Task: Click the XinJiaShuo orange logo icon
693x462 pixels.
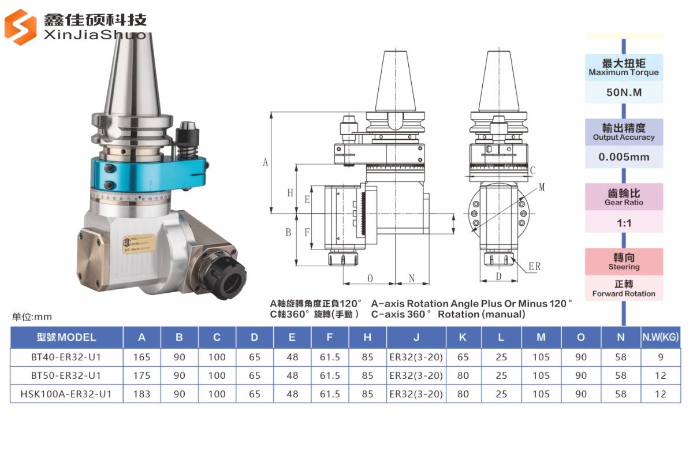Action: click(x=21, y=27)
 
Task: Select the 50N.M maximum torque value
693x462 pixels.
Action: click(x=624, y=92)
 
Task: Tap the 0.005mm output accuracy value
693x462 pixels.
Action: click(x=624, y=157)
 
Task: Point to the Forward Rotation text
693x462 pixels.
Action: click(x=624, y=293)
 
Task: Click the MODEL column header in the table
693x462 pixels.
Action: click(x=66, y=337)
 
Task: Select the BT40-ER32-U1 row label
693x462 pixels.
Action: click(x=66, y=357)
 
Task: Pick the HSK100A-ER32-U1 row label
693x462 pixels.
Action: click(x=66, y=394)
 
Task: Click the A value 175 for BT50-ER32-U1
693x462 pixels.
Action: click(x=141, y=375)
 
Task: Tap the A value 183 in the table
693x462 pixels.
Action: click(x=141, y=394)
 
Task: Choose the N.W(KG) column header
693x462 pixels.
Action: click(x=661, y=337)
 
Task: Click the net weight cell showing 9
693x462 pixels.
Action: click(x=661, y=357)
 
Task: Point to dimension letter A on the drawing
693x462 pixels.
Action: click(x=266, y=162)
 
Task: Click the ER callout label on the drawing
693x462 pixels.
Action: click(x=535, y=266)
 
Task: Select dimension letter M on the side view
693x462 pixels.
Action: click(x=541, y=187)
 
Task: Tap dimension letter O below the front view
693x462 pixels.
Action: click(x=370, y=278)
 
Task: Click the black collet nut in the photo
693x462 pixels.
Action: click(x=230, y=281)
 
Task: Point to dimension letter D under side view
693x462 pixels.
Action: click(x=498, y=277)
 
